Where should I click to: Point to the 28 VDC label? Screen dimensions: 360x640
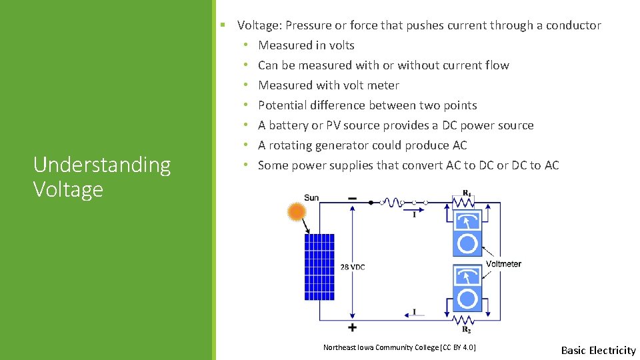tap(353, 267)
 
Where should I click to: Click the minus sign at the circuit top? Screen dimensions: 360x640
tap(352, 198)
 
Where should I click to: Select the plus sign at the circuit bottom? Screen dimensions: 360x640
tap(352, 327)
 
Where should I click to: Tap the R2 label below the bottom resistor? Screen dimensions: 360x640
tap(467, 329)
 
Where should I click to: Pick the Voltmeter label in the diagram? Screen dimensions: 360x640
tap(503, 264)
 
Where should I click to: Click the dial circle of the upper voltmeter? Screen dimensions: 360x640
tap(467, 244)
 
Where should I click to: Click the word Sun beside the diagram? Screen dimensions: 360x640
tap(311, 198)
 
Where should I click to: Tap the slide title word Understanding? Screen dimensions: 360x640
tap(102, 165)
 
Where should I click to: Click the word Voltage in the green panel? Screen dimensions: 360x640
tap(68, 189)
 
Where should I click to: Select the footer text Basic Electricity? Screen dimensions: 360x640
tap(598, 350)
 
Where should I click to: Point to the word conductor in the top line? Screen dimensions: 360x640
tap(573, 25)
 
